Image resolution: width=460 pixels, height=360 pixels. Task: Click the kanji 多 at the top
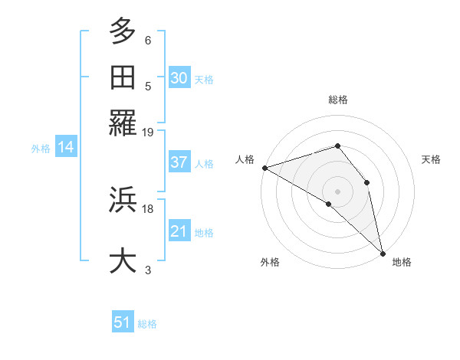123,32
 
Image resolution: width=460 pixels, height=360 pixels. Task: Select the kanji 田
123,77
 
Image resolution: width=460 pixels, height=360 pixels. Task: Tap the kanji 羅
123,123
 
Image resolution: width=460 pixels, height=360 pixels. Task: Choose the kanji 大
123,260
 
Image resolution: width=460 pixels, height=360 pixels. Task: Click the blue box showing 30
179,78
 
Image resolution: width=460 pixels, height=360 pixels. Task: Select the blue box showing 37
179,162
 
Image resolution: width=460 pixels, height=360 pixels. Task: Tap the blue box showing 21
179,231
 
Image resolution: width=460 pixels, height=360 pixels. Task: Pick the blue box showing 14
66,148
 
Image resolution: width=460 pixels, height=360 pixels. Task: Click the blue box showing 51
123,322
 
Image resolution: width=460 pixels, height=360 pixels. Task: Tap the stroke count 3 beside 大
147,270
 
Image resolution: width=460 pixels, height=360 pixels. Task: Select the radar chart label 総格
338,100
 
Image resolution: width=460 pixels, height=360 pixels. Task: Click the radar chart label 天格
431,159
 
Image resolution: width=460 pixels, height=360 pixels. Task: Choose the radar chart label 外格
270,262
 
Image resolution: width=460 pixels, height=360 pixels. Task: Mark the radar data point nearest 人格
264,167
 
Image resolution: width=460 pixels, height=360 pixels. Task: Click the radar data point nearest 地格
383,251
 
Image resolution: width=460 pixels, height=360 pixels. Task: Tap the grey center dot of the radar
338,191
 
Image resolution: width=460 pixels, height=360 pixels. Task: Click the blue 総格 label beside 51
147,324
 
